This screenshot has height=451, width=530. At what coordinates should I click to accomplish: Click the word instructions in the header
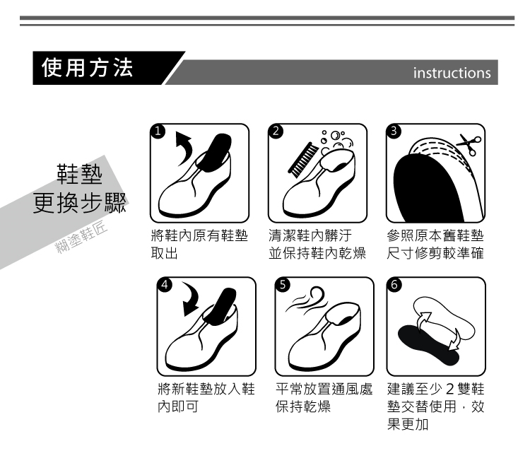452,73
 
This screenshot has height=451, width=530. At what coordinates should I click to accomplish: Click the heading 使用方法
87,68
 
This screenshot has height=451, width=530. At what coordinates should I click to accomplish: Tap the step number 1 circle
158,131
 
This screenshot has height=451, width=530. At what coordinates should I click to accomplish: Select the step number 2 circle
276,131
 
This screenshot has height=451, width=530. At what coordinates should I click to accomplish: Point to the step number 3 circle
394,131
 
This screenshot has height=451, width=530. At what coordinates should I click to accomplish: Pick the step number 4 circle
165,285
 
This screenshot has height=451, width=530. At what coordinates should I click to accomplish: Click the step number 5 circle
283,285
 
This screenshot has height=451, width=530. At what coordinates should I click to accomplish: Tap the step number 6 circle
394,285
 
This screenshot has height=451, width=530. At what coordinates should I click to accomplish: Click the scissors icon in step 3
469,144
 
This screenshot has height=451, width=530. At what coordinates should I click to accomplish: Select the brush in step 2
303,160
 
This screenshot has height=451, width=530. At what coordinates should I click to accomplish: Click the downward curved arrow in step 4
192,298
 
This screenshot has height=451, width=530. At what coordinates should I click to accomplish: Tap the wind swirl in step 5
307,299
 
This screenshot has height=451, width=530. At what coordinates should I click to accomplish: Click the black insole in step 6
427,343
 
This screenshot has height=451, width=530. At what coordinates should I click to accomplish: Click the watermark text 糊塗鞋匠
81,237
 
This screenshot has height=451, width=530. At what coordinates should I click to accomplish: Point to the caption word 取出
164,253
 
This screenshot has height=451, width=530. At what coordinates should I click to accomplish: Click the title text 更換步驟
80,203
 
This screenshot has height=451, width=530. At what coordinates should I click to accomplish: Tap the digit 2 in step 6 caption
449,389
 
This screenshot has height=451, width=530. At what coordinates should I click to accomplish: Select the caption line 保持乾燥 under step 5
303,406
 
